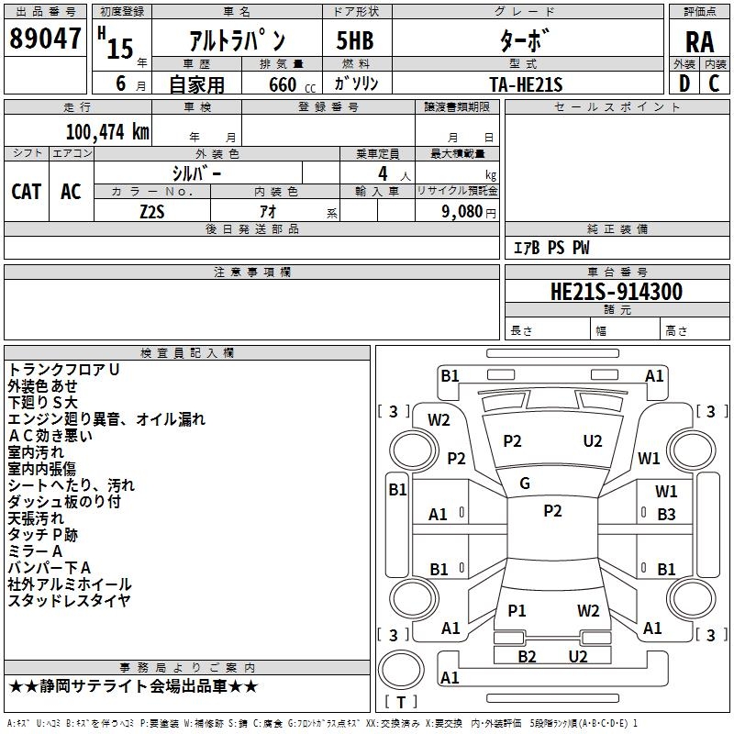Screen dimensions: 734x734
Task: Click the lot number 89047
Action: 44,39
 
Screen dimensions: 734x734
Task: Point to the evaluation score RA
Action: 699,42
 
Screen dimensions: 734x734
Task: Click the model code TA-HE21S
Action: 526,83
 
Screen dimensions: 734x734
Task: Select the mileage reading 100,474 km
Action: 107,131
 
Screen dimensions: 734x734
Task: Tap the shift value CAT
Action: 26,191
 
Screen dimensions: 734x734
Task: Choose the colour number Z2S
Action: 152,212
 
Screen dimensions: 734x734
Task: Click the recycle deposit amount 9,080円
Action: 467,212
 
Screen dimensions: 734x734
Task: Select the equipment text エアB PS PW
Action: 550,248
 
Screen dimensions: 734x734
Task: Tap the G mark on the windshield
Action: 525,483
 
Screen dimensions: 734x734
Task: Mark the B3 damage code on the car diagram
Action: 666,515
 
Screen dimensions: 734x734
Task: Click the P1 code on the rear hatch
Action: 517,610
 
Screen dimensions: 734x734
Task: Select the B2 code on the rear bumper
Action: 527,656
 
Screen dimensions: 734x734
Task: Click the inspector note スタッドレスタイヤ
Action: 69,601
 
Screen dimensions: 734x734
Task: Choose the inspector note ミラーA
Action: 35,551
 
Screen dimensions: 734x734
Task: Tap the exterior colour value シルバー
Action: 196,172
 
